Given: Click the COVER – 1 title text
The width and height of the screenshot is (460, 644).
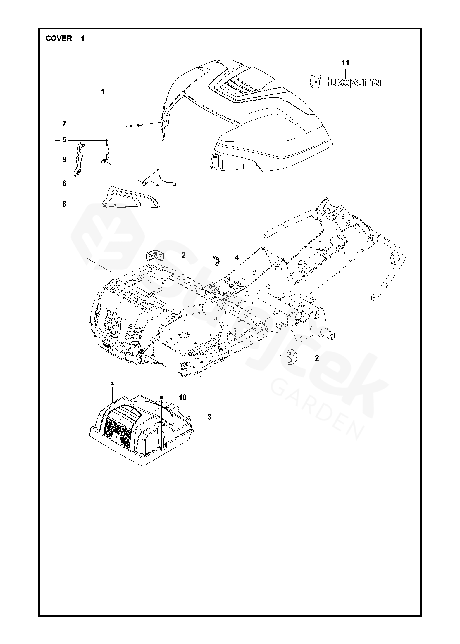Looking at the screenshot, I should (65, 39).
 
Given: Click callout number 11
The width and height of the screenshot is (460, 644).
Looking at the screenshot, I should (346, 63).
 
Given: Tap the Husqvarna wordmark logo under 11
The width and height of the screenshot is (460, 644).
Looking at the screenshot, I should (345, 82).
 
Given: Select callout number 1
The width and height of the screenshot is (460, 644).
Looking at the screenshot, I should (103, 92).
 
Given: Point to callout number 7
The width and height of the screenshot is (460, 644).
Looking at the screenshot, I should (64, 124).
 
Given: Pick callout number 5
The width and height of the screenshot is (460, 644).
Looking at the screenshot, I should (64, 140).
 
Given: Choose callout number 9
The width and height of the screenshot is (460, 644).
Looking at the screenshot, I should (64, 160).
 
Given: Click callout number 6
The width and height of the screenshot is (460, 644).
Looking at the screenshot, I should (64, 183).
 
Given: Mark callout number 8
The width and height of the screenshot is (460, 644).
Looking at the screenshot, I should (64, 204).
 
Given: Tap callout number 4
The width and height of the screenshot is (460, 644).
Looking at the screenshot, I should (237, 257).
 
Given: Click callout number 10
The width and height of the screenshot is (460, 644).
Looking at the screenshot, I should (182, 397).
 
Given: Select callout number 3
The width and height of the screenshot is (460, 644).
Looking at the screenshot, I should (209, 417).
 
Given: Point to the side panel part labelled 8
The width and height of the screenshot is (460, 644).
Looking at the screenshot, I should (131, 199).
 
